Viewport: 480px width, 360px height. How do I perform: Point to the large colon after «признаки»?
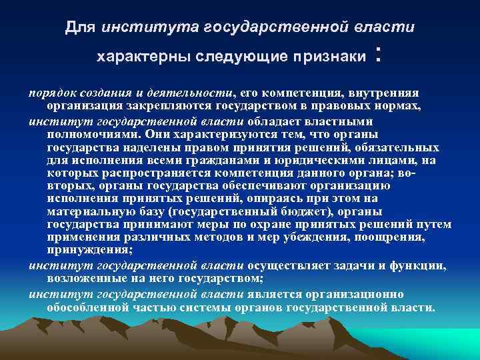point(379,55)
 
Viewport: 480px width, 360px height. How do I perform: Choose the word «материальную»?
point(87,212)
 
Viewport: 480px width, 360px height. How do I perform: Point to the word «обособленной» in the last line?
point(87,307)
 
